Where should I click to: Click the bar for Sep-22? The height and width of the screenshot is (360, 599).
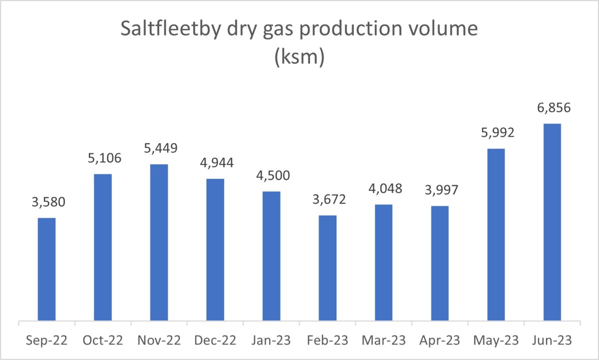point(46,269)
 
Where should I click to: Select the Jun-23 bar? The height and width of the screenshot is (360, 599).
point(552,222)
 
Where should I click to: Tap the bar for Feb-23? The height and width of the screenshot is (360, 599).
point(327,268)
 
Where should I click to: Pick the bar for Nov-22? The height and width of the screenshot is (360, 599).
point(159,242)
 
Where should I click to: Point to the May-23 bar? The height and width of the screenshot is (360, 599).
point(496,235)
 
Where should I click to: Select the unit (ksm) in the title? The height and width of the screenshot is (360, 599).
point(299,58)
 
